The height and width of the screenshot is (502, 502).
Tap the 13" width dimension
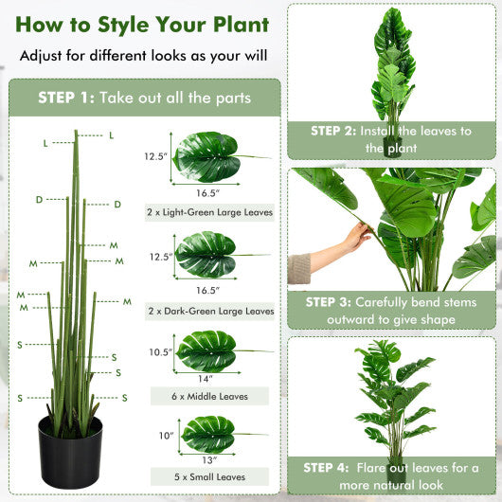click(206, 459)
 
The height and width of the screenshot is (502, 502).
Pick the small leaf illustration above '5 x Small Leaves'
click(208, 434)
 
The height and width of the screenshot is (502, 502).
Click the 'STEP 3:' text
click(327, 302)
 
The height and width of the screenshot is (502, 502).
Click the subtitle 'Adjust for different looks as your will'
click(143, 56)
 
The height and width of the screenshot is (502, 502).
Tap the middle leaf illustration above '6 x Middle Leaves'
click(207, 350)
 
